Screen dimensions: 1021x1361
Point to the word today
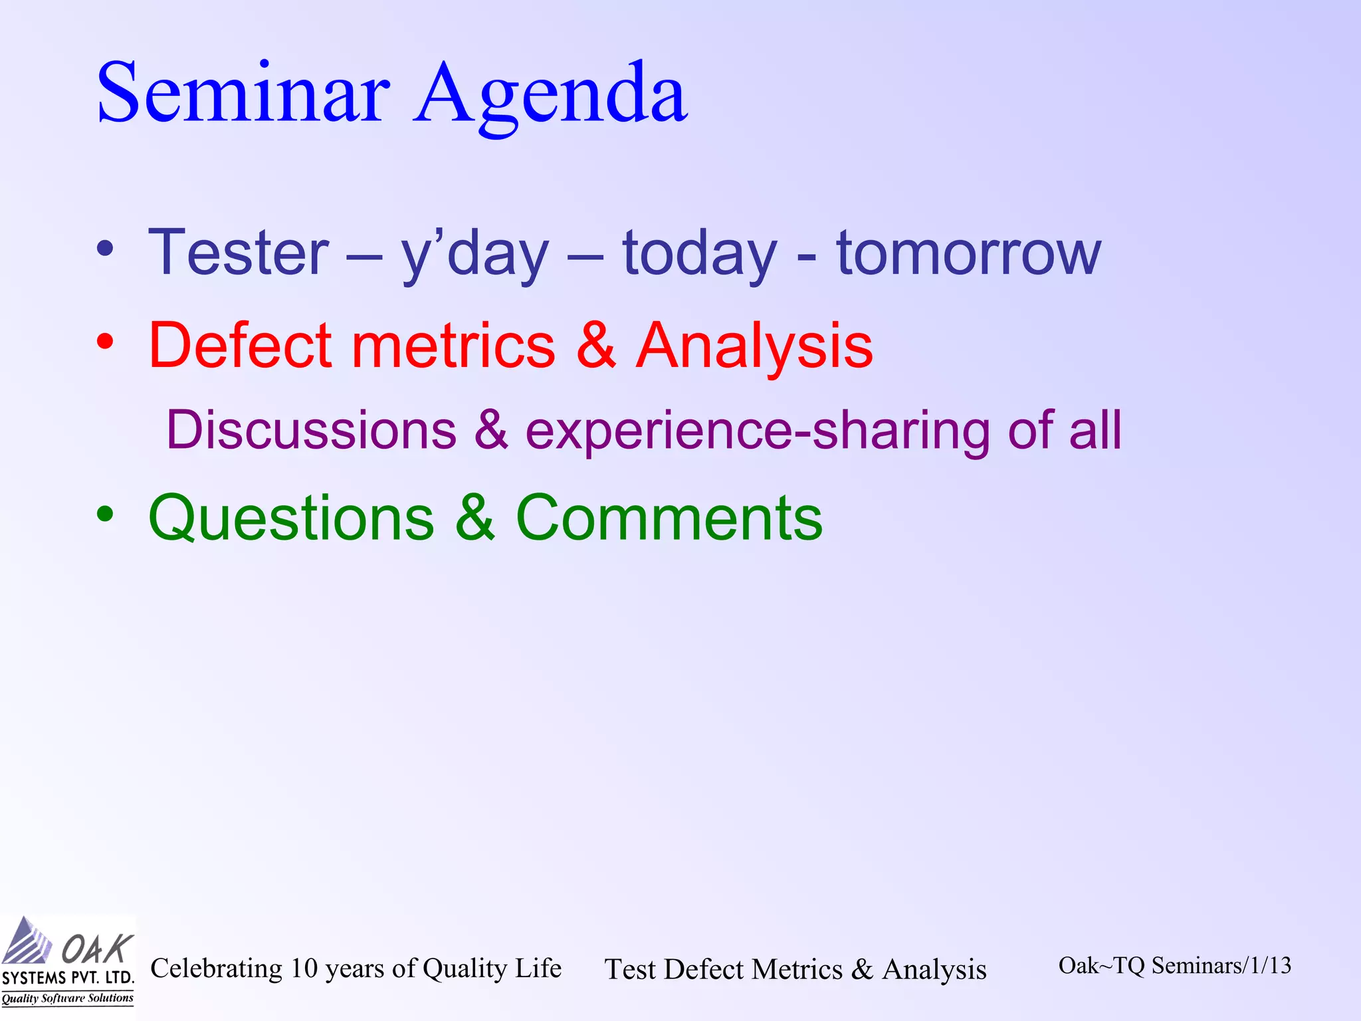click(x=699, y=254)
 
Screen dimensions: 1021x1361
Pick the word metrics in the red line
click(x=453, y=346)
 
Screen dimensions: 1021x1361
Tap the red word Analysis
click(x=754, y=346)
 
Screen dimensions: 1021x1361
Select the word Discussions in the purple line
click(x=311, y=430)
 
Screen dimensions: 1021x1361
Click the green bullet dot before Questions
click(x=105, y=514)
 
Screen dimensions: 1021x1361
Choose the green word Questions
click(x=291, y=518)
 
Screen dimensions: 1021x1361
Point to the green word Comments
click(x=669, y=518)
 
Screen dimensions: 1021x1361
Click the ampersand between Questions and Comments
click(x=475, y=518)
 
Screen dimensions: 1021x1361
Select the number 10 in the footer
click(x=304, y=968)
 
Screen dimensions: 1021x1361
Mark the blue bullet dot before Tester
click(x=105, y=249)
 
